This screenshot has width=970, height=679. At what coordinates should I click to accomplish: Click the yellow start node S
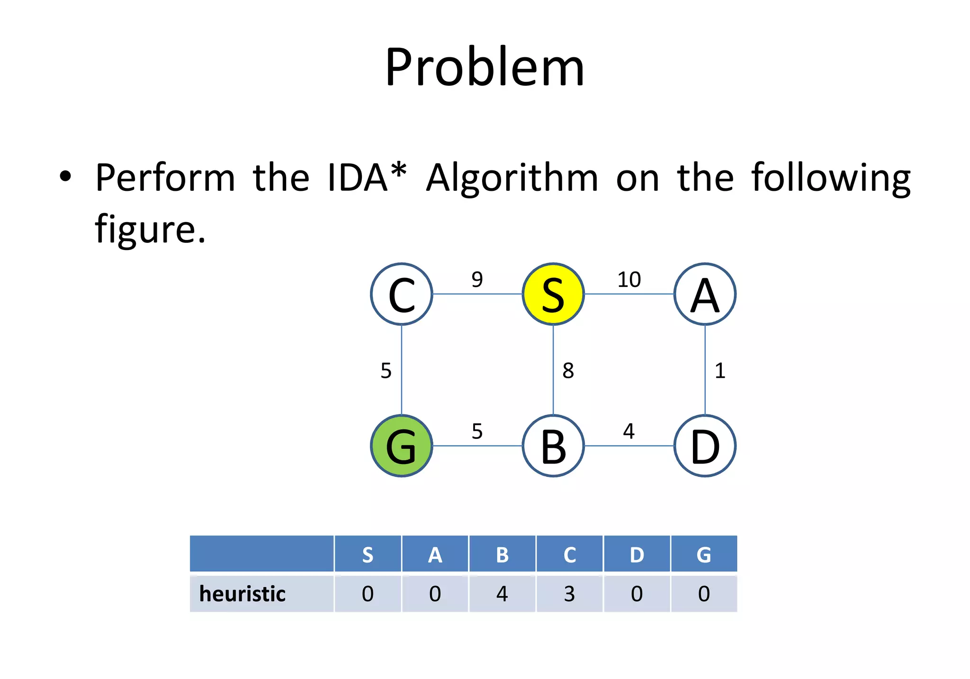coord(553,294)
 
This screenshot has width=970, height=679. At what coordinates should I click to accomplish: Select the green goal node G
coord(402,446)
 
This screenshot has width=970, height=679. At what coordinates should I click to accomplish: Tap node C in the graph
coord(402,294)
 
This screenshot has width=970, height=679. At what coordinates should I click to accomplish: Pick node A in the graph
coord(705,294)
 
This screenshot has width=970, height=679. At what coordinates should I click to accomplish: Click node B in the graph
coord(553,446)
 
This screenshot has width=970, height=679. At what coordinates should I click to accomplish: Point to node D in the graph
coord(705,446)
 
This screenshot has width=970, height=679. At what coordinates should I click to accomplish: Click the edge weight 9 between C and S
coord(477,279)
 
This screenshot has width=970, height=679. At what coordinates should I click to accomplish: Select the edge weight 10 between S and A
coord(629,279)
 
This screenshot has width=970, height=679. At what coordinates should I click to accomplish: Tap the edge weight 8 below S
coord(568,371)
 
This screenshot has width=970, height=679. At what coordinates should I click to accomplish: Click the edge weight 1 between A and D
coord(720,371)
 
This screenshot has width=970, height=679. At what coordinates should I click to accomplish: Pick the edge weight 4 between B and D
coord(629,431)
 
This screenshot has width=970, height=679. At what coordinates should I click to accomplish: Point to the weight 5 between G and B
coord(477,431)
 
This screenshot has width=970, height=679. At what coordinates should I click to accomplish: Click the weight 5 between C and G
coord(386,371)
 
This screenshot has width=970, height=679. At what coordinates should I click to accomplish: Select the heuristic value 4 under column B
coord(502,594)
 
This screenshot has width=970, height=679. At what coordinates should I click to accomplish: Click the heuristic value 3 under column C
coord(569,594)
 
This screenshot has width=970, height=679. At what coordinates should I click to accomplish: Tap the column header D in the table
coord(637,554)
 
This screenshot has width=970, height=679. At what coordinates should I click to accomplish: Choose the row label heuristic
coord(242,594)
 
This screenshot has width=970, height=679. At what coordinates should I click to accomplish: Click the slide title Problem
coord(485,67)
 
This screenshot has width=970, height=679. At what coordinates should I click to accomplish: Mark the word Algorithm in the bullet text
coord(512,178)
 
